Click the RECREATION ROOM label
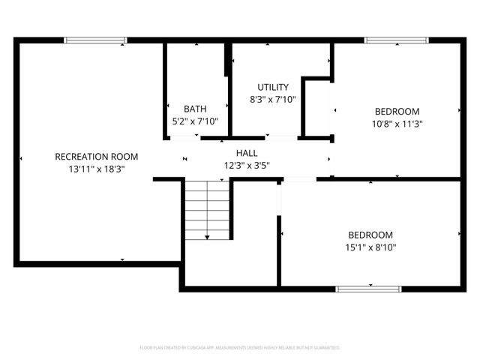point(97,156)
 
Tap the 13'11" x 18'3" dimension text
point(97,169)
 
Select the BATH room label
point(195,109)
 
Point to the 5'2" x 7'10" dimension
point(195,121)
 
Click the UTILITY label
point(273,87)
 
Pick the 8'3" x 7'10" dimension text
point(273,99)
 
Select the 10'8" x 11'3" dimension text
point(397,124)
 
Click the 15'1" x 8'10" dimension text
point(370,247)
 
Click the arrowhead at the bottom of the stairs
point(207,236)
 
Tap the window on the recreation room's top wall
point(95,40)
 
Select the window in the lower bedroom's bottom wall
point(369,288)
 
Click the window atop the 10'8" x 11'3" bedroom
point(396,40)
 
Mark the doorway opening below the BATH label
point(183,137)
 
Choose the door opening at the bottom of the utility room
point(281,137)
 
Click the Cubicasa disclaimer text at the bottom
point(240,347)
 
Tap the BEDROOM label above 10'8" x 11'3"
point(397,112)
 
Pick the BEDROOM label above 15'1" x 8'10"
point(370,234)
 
